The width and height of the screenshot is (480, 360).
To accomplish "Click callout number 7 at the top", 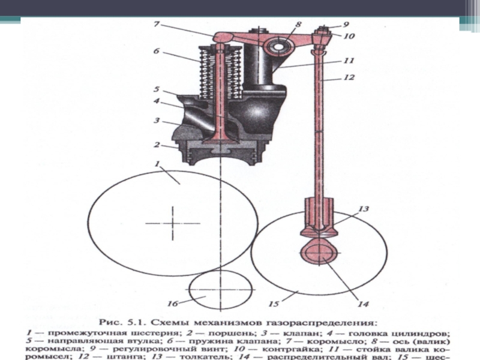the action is tap(156, 24).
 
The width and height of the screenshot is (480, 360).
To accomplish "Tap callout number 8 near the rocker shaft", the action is tap(298, 25).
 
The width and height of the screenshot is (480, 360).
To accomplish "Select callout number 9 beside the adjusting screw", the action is tap(346, 25).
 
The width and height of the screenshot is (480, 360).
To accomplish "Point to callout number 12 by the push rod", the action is tap(350, 77).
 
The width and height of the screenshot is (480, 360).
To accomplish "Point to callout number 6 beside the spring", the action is tap(156, 52).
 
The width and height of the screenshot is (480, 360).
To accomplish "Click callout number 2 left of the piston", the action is tap(157, 145).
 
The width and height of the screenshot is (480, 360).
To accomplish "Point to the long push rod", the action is tap(321, 132).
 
